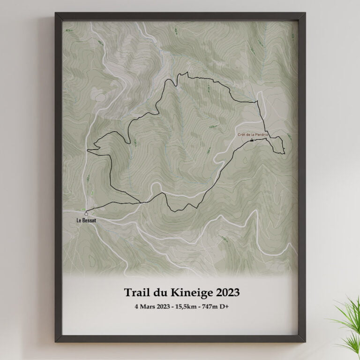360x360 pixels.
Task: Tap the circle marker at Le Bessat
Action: [x=86, y=214]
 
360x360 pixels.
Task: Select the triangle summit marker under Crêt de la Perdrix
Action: [x=252, y=140]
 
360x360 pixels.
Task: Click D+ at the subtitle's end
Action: [x=227, y=307]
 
